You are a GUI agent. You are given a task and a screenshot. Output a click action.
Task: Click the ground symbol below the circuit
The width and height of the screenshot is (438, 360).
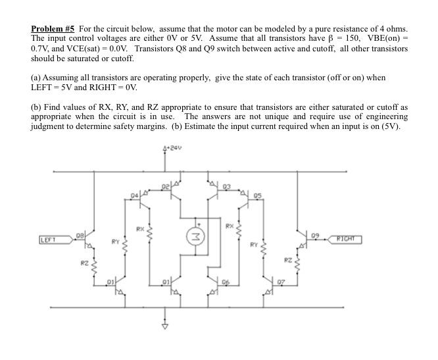(165, 327)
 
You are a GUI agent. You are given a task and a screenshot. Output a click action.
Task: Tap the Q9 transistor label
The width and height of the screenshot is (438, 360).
(316, 235)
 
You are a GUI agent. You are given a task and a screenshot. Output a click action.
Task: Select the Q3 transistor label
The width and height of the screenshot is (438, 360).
(227, 186)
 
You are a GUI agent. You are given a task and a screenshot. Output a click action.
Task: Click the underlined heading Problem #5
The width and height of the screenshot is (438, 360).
(53, 29)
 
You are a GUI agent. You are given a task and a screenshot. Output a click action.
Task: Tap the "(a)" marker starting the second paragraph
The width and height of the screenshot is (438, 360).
(36, 77)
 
